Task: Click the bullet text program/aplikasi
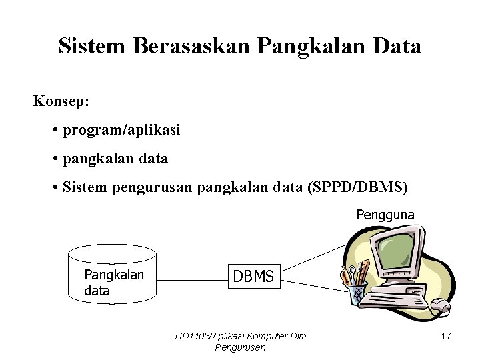(121, 131)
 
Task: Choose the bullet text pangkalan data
(115, 159)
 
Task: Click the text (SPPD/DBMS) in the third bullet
(359, 187)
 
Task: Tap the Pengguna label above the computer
(385, 215)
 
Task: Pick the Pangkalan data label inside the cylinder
(113, 283)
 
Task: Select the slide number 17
(445, 336)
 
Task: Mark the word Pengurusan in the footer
(241, 347)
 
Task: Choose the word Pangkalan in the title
(297, 46)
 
